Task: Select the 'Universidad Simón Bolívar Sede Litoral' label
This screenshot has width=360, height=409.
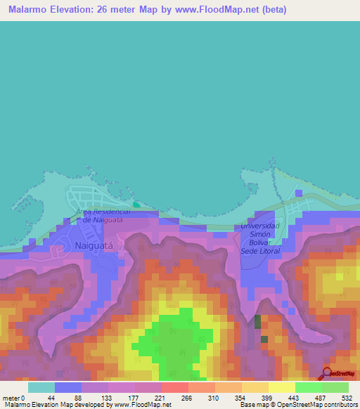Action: [260, 238]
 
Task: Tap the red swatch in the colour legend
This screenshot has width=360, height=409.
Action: [174, 387]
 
